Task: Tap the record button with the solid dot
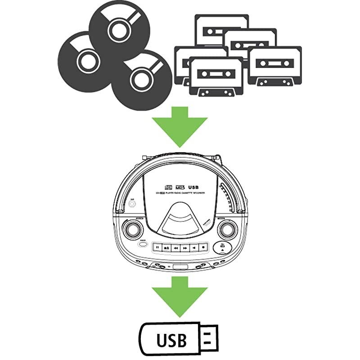click(203, 247)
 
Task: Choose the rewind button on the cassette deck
click(175, 247)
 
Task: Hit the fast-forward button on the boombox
click(185, 247)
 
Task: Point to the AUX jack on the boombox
click(132, 203)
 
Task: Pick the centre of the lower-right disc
click(140, 77)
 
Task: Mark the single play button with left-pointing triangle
click(194, 247)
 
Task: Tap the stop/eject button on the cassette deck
click(166, 247)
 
